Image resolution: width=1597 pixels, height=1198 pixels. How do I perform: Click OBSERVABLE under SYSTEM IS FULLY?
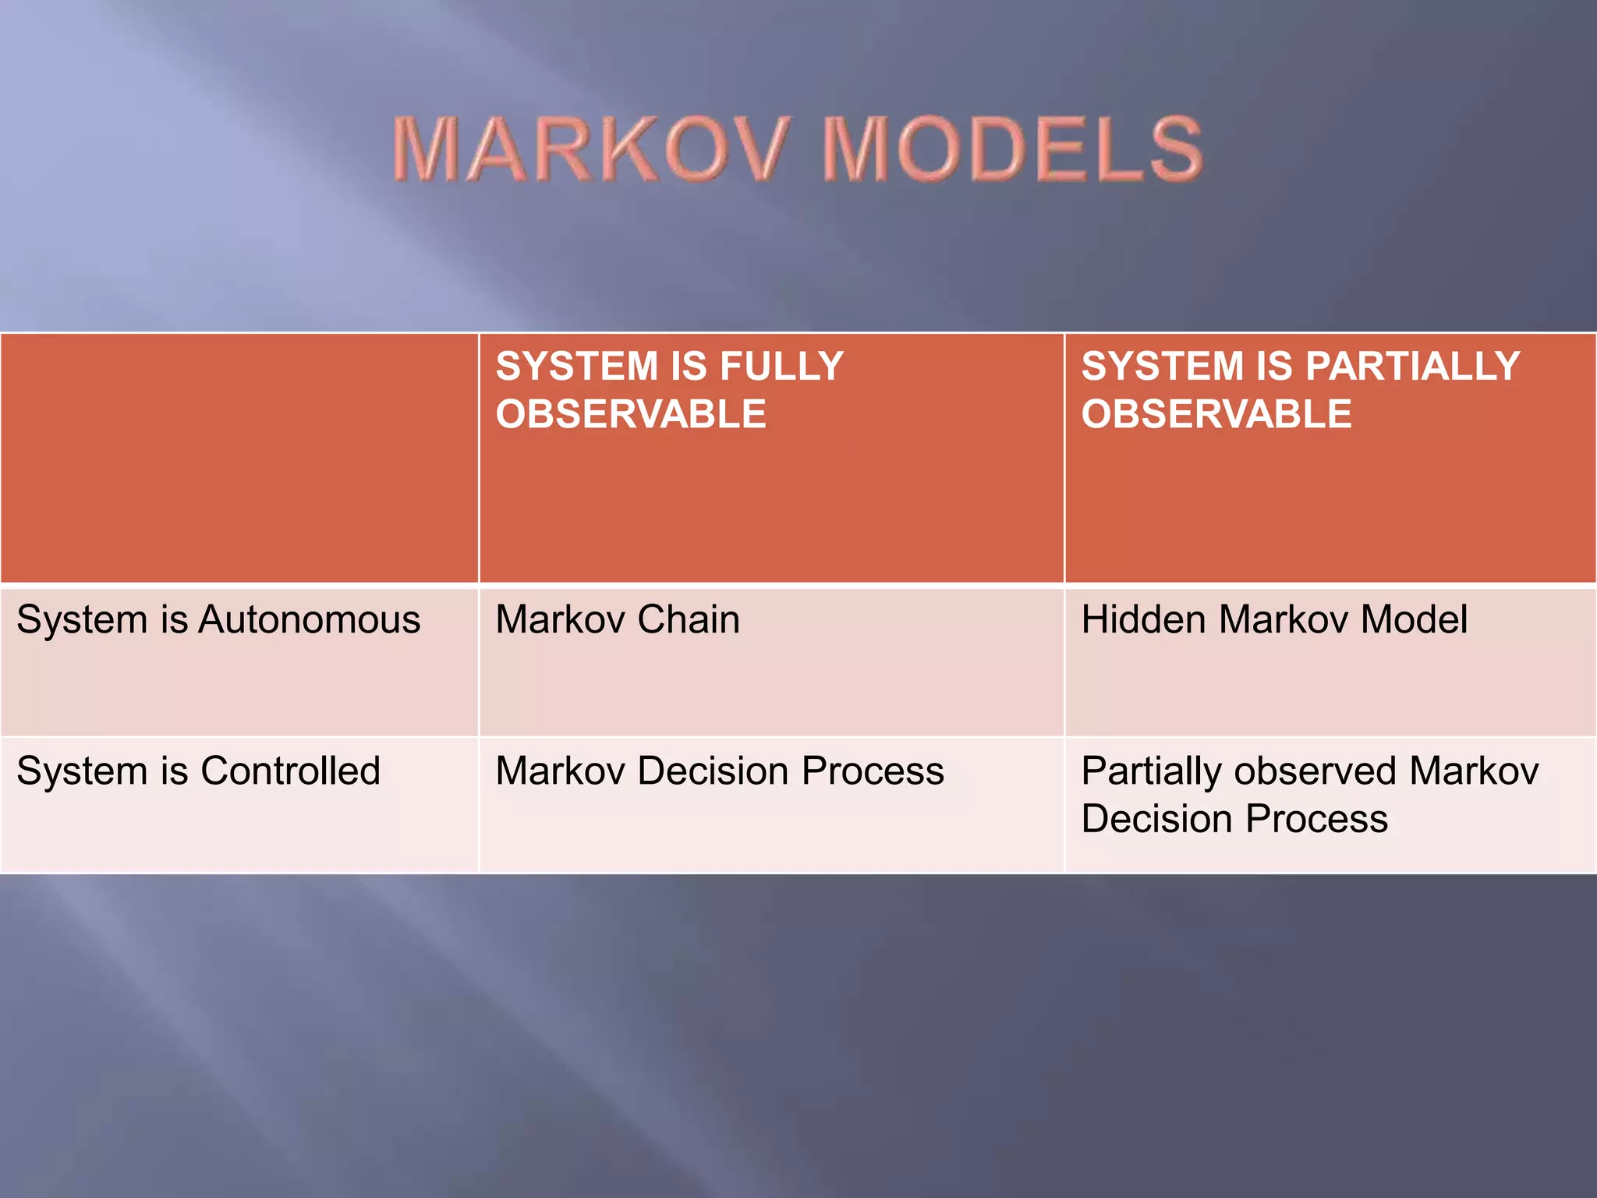point(631,413)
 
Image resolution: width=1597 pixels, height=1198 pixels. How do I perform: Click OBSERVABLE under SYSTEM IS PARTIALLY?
point(1216,413)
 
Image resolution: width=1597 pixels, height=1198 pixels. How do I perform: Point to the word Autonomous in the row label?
point(310,620)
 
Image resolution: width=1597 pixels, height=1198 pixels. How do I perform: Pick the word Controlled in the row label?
point(290,771)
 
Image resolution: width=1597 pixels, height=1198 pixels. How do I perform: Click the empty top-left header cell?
point(239,458)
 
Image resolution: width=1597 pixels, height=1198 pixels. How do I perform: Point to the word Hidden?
point(1144,620)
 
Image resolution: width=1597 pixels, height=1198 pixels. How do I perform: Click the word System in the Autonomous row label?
point(82,620)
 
